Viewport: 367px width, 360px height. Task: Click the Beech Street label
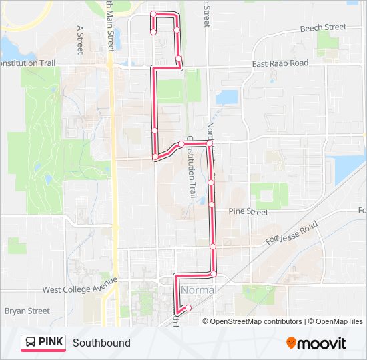click(323, 27)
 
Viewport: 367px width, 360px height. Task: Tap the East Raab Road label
click(280, 63)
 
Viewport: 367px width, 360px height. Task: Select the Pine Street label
click(248, 212)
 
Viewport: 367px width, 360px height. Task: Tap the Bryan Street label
click(27, 311)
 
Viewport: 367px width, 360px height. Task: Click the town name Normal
click(198, 291)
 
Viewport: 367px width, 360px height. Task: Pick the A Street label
click(80, 40)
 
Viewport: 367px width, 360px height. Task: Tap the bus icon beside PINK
click(31, 343)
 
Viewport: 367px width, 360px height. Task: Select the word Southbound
click(101, 343)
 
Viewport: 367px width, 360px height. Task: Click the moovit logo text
click(322, 343)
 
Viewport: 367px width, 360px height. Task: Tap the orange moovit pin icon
click(291, 343)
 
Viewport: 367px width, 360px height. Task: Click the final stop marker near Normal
click(188, 307)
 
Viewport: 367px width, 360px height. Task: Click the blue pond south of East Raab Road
click(226, 97)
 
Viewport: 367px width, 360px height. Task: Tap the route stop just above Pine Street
click(212, 205)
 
